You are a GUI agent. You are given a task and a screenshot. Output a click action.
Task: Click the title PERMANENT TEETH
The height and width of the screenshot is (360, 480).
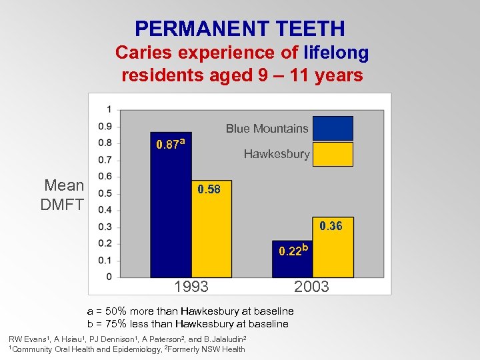(x=240, y=29)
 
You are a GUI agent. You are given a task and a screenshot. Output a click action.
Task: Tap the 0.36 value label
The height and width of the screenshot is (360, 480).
(x=331, y=226)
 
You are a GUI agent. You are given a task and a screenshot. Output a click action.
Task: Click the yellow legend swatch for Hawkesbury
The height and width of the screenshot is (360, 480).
(x=333, y=154)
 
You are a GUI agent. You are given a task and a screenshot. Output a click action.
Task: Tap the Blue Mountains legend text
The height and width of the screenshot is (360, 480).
(x=267, y=129)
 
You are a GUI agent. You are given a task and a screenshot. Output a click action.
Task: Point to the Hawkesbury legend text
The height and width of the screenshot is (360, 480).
(x=277, y=155)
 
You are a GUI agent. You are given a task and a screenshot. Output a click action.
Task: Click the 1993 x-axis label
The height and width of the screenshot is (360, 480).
(x=191, y=287)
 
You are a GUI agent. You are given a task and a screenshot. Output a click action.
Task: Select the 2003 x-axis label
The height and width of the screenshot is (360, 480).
(x=311, y=287)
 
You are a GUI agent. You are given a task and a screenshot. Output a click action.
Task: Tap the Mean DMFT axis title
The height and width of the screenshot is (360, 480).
(x=63, y=195)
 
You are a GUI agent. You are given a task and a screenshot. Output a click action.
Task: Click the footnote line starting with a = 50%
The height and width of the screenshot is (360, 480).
(x=191, y=311)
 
